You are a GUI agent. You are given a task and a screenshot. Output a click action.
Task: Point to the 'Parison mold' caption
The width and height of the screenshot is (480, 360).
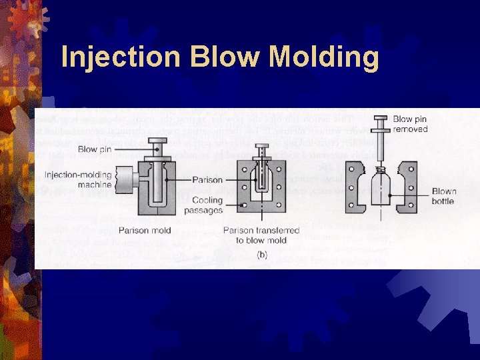[x=145, y=231]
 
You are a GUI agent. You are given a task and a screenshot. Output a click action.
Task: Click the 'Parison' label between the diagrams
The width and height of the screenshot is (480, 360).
[x=207, y=180]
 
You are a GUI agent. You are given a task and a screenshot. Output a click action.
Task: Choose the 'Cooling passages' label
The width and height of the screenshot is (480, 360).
[x=207, y=205]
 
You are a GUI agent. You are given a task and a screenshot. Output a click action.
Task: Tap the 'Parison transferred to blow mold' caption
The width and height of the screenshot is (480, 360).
[x=261, y=235]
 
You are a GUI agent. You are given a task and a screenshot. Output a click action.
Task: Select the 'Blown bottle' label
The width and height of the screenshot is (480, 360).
[x=443, y=196]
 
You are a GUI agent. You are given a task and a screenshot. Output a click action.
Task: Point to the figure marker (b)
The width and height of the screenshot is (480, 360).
[x=262, y=254]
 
